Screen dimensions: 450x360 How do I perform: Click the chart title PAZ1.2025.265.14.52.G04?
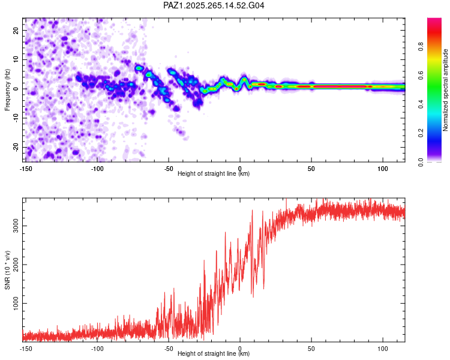pyautogui.click(x=214, y=5)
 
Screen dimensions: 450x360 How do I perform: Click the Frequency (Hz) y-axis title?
pyautogui.click(x=7, y=90)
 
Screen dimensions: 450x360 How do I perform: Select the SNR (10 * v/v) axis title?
pyautogui.click(x=7, y=270)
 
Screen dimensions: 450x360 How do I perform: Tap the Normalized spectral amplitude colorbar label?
pyautogui.click(x=445, y=90)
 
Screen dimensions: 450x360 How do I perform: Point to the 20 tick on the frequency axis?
pyautogui.click(x=16, y=30)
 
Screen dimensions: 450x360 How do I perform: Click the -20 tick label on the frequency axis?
pyautogui.click(x=16, y=147)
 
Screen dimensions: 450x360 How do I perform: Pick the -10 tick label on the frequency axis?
pyautogui.click(x=16, y=118)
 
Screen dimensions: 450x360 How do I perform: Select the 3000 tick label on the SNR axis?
pyautogui.click(x=16, y=226)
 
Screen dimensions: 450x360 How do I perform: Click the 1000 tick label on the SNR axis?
pyautogui.click(x=16, y=303)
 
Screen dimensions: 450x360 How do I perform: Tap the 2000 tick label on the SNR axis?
pyautogui.click(x=16, y=265)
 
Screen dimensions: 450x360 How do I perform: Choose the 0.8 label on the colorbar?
pyautogui.click(x=421, y=46)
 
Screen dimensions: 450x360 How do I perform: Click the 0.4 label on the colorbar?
pyautogui.click(x=421, y=104)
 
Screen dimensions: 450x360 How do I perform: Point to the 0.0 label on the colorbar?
pyautogui.click(x=421, y=162)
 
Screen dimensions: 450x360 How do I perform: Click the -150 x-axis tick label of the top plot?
pyautogui.click(x=26, y=169)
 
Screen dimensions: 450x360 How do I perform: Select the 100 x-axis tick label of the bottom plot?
pyautogui.click(x=383, y=349)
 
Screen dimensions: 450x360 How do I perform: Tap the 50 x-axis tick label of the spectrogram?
pyautogui.click(x=311, y=169)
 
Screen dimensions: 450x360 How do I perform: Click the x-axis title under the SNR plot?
pyautogui.click(x=214, y=353)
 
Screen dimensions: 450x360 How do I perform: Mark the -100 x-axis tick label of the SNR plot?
pyautogui.click(x=97, y=349)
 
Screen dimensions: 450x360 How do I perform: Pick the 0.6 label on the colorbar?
pyautogui.click(x=421, y=75)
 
